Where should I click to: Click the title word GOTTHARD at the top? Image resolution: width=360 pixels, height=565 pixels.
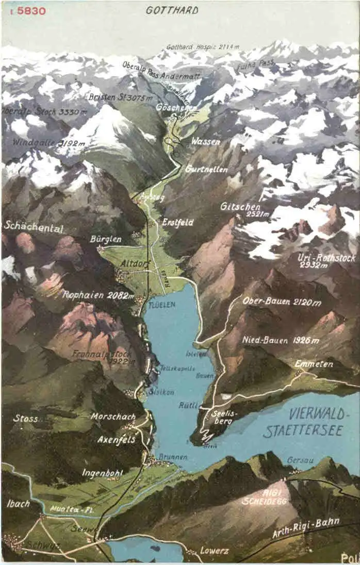click(172, 10)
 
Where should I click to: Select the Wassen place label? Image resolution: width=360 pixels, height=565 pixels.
click(205, 141)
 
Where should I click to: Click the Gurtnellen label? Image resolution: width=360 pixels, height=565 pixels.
click(203, 169)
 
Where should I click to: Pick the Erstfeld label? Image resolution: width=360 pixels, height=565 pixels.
click(178, 222)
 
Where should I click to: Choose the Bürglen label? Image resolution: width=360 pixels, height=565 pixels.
click(106, 239)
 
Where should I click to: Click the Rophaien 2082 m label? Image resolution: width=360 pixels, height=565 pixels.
click(98, 295)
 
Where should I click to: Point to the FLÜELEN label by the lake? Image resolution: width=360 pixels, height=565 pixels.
click(162, 305)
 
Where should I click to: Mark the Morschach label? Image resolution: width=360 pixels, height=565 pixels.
click(113, 416)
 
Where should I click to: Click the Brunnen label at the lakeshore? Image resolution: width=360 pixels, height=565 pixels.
click(173, 457)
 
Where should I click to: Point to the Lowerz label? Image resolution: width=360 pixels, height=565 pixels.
click(214, 551)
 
